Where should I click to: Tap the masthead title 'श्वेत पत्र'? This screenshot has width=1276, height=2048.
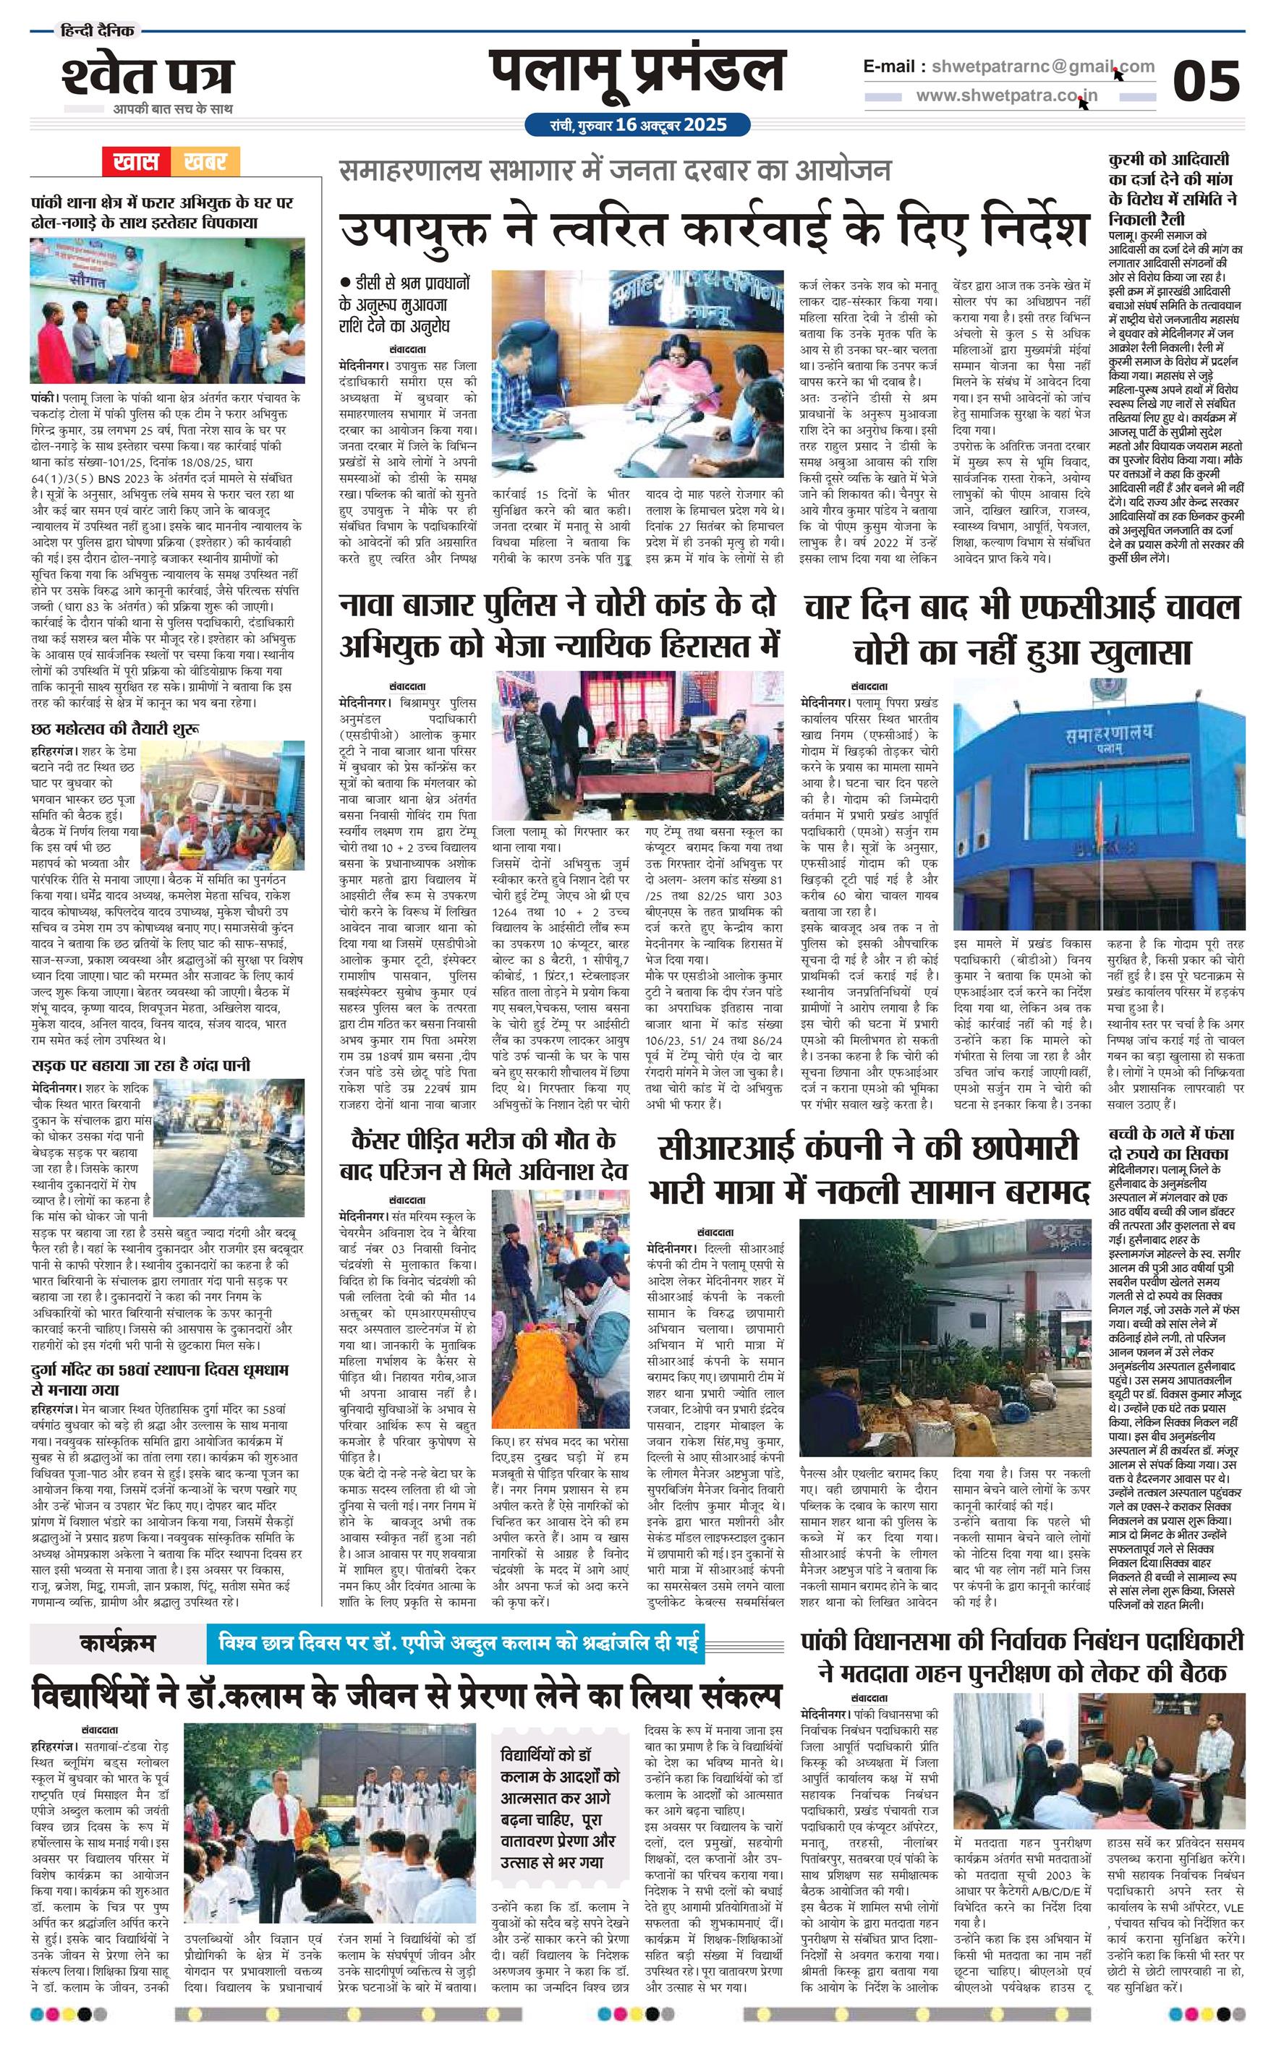click(x=147, y=77)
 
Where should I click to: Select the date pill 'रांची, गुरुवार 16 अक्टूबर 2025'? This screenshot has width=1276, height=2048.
click(x=637, y=125)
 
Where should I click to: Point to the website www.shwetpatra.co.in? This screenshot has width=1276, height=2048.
click(x=1006, y=95)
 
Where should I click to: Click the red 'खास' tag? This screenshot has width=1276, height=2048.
click(x=136, y=161)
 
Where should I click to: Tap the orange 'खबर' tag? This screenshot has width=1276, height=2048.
click(x=204, y=161)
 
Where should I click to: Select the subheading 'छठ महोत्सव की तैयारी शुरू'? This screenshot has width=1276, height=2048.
click(x=115, y=728)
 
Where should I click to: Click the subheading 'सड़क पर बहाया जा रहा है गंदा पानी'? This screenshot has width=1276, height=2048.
click(x=140, y=1065)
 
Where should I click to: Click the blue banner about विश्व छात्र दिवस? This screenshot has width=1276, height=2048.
click(x=459, y=1642)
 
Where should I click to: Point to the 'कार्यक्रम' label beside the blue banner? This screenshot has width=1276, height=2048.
click(x=117, y=1642)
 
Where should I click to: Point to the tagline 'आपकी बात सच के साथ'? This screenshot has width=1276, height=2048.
click(x=173, y=108)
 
